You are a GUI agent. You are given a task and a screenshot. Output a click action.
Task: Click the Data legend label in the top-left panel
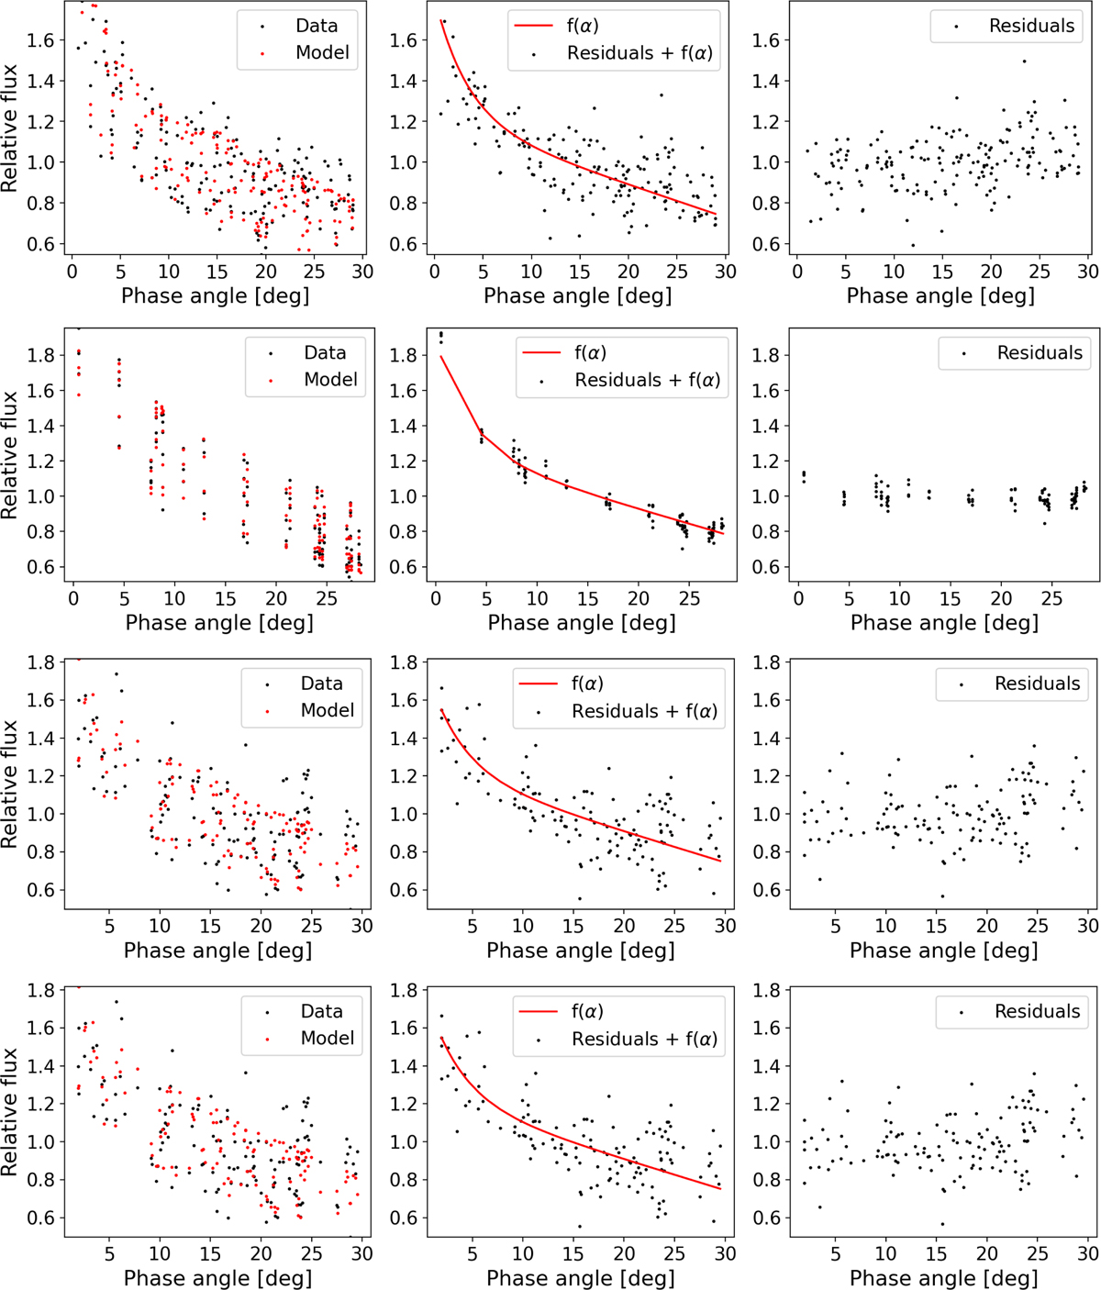(317, 26)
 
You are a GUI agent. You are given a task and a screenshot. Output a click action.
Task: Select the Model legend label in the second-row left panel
(330, 379)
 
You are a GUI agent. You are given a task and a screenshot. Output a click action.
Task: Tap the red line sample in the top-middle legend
(533, 26)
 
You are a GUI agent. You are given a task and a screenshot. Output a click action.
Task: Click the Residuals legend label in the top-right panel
(1031, 26)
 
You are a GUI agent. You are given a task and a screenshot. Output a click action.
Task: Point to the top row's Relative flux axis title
(10, 128)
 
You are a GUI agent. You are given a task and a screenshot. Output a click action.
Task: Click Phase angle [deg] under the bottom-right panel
(943, 1277)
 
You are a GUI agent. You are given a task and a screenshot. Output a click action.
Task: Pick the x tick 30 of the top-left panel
(362, 272)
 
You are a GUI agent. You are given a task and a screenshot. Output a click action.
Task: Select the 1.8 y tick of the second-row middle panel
(406, 355)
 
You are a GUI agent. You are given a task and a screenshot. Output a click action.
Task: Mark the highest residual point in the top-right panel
(1024, 61)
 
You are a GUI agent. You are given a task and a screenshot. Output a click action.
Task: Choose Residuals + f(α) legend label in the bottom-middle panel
(644, 1039)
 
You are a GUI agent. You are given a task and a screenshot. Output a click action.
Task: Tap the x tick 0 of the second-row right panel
(799, 598)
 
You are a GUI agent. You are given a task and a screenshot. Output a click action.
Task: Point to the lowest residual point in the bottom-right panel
(942, 1223)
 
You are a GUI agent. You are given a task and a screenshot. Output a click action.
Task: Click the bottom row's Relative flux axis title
(10, 1112)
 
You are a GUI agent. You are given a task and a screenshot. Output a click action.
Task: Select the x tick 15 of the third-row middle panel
(573, 926)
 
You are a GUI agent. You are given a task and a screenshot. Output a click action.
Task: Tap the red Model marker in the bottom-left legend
(267, 1039)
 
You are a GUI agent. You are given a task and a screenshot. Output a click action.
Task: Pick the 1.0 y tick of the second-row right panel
(769, 496)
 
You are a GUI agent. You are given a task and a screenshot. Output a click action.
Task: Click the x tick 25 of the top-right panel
(1040, 272)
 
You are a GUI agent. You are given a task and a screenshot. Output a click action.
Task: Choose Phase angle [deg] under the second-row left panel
(219, 622)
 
